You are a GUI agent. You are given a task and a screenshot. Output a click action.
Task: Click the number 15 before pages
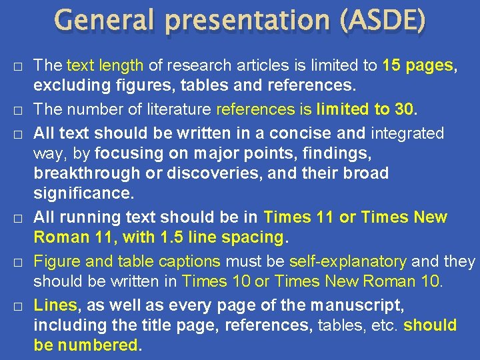(x=393, y=65)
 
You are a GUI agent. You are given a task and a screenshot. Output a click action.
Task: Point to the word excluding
(x=67, y=86)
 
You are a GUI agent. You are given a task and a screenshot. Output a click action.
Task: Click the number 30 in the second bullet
(x=404, y=109)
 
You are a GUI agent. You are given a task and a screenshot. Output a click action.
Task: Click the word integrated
(x=407, y=133)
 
